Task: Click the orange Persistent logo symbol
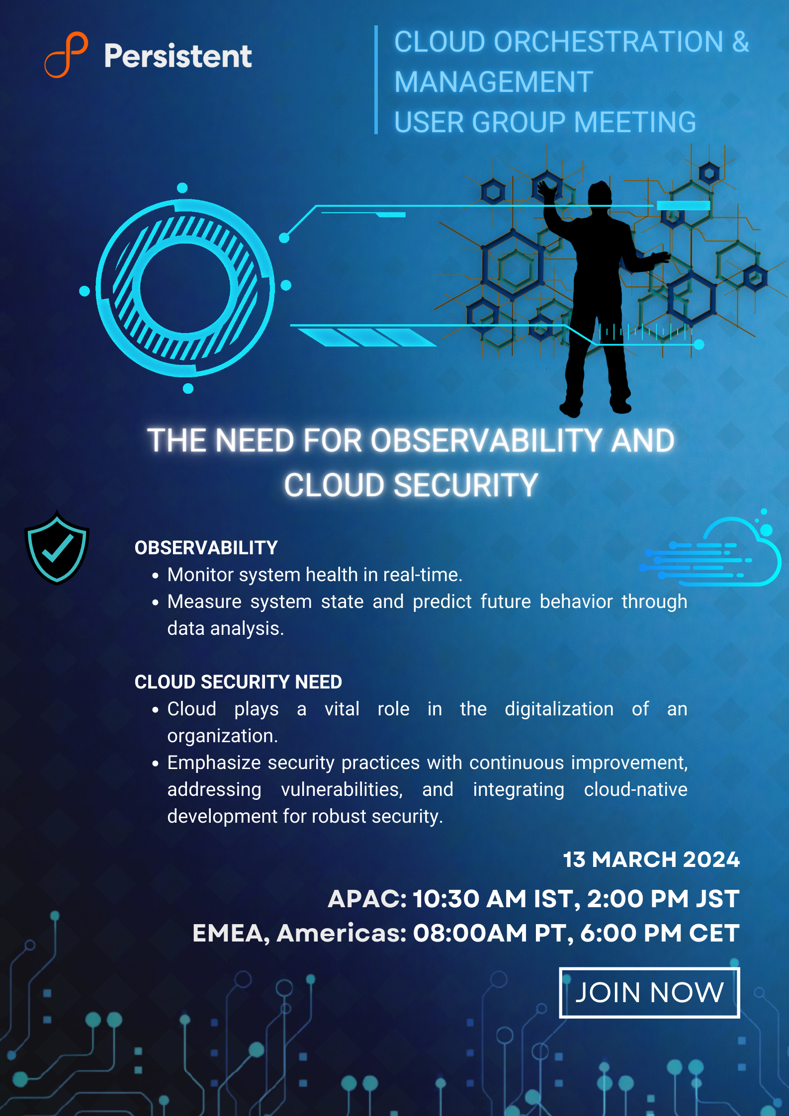pyautogui.click(x=66, y=55)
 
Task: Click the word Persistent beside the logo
pyautogui.click(x=178, y=56)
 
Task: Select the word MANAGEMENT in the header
pyautogui.click(x=494, y=82)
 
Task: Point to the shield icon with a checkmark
pyautogui.click(x=57, y=547)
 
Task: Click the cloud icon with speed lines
pyautogui.click(x=711, y=549)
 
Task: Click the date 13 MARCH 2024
pyautogui.click(x=651, y=859)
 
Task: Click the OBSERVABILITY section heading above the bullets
pyautogui.click(x=206, y=548)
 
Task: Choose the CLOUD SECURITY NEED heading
pyautogui.click(x=238, y=682)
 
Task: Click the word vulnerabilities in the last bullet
pyautogui.click(x=342, y=789)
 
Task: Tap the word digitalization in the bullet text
pyautogui.click(x=559, y=709)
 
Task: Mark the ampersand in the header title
pyautogui.click(x=740, y=42)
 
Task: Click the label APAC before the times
pyautogui.click(x=367, y=899)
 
